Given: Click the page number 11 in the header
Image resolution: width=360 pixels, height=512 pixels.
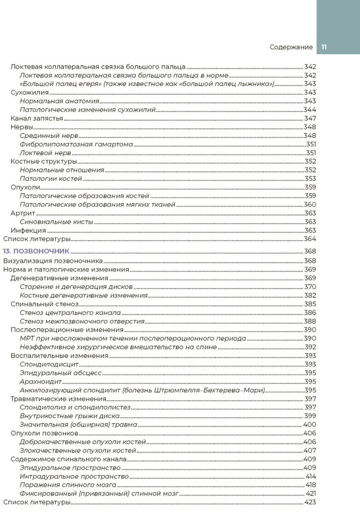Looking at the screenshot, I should click(324, 47).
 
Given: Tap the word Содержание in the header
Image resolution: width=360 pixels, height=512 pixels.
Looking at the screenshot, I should click(292, 47).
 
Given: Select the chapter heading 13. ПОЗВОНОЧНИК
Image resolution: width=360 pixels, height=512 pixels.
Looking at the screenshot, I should click(36, 251).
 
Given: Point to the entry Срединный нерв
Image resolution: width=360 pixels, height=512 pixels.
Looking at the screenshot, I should click(49, 135).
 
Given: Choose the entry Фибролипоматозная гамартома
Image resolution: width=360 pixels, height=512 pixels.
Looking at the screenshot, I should click(76, 144).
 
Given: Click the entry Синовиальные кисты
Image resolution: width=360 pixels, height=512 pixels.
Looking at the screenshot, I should click(56, 221).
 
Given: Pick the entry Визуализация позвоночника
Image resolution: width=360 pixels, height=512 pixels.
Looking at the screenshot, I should click(53, 260).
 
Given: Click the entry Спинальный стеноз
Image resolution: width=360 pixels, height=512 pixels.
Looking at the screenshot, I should click(45, 303).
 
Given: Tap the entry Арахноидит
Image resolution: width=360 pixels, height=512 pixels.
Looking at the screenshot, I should click(40, 381).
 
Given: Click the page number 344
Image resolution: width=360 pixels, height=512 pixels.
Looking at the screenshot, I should click(310, 110).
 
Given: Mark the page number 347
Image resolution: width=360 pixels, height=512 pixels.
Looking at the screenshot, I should click(310, 118).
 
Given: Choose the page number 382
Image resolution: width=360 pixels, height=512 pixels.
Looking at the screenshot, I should click(310, 295).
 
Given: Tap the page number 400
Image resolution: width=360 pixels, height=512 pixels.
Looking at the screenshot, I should click(309, 424).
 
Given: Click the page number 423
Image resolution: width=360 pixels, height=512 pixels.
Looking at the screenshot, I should click(310, 502).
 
